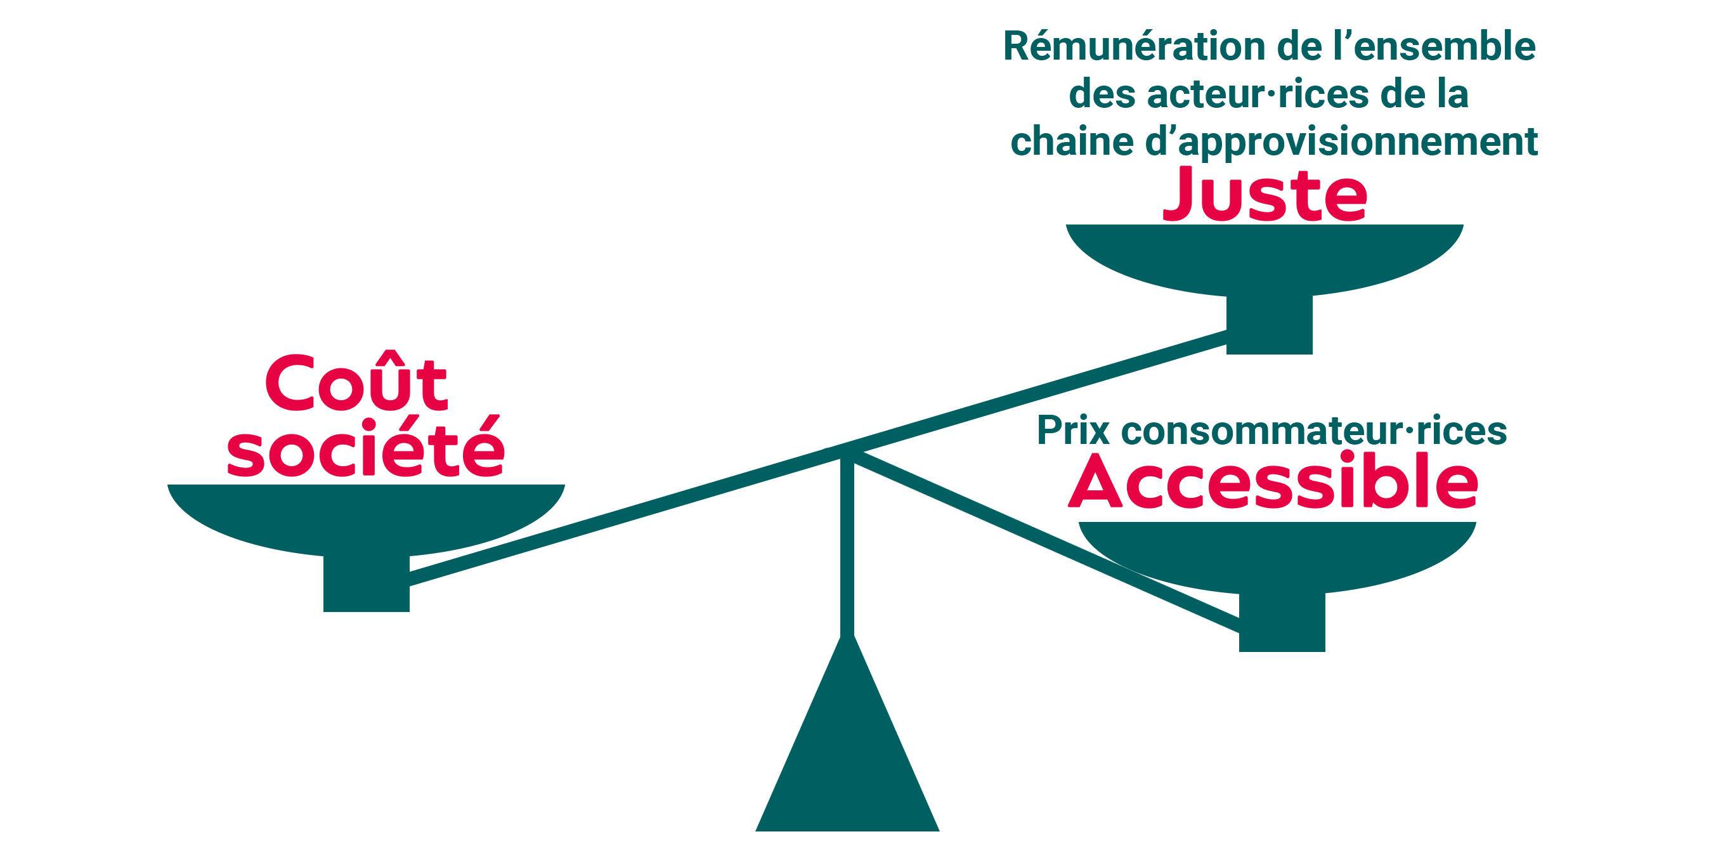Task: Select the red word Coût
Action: point(356,383)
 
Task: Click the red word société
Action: point(366,448)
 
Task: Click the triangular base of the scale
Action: point(847,766)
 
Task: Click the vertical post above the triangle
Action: point(847,544)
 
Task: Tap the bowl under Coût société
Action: point(366,514)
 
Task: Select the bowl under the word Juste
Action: point(1265,256)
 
